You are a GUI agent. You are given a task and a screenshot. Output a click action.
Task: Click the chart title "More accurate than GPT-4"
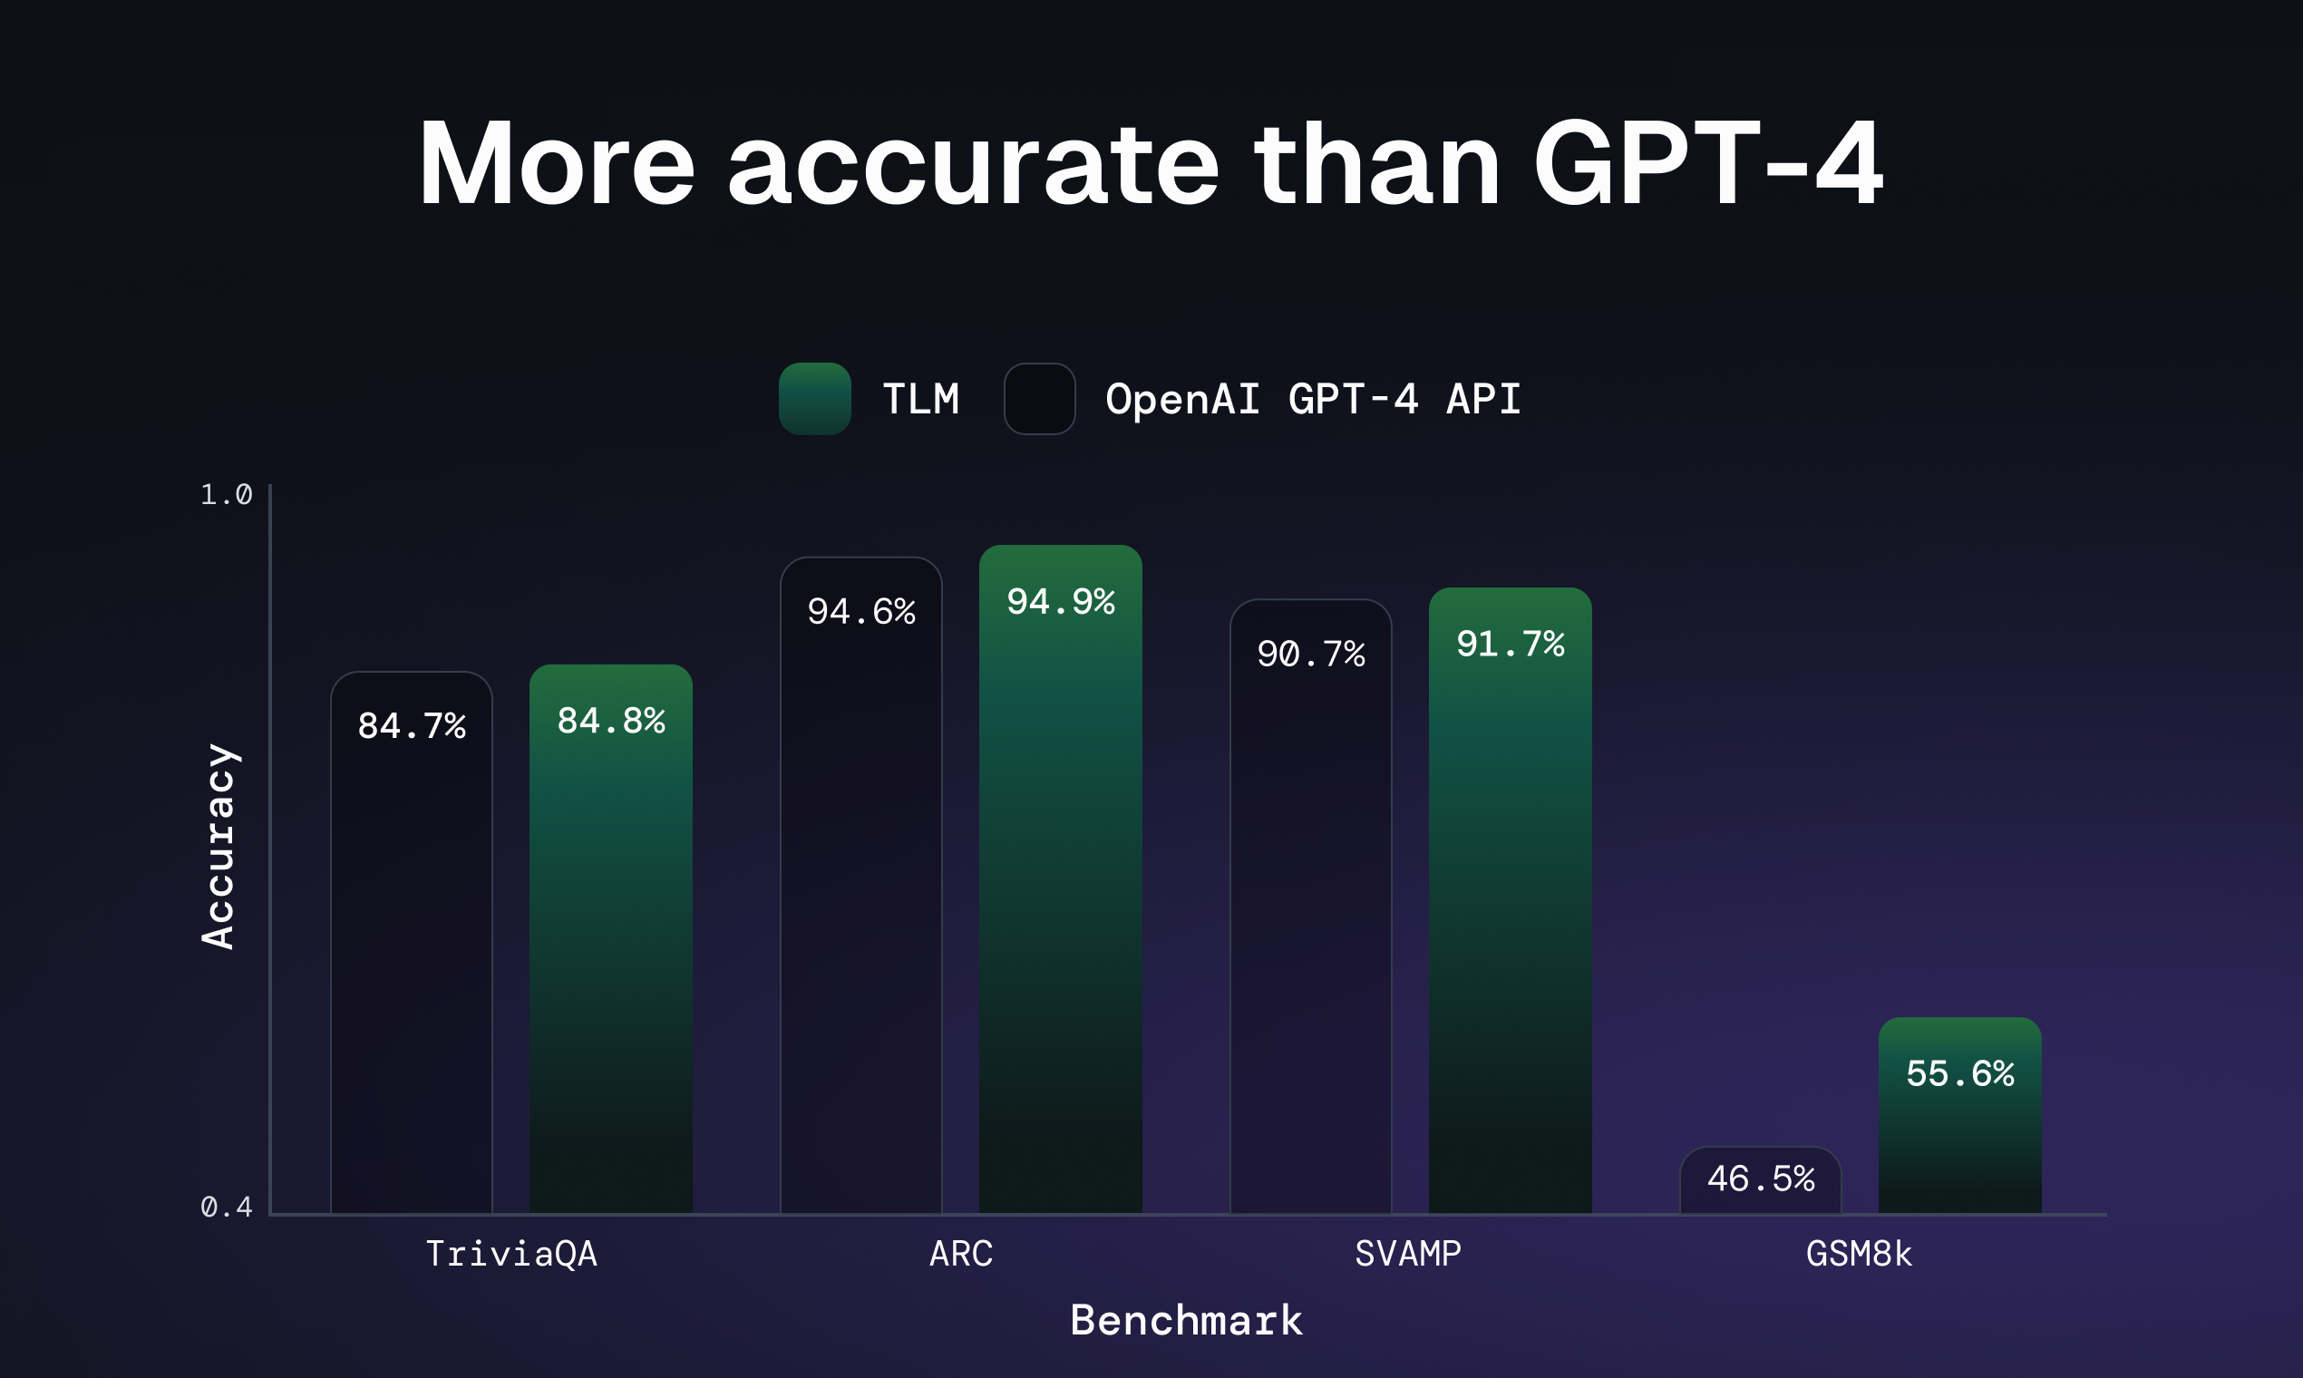[1150, 163]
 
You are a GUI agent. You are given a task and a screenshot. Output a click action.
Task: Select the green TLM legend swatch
[814, 398]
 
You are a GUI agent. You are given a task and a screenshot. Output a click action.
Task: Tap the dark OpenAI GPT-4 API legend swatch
[1039, 398]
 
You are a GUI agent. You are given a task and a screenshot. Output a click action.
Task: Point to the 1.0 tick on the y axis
[226, 495]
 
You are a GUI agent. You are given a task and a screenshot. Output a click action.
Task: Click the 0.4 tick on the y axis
[226, 1208]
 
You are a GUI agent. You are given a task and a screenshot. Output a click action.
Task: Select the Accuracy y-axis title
[219, 846]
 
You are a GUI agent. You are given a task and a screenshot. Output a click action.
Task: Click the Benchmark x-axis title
[1186, 1319]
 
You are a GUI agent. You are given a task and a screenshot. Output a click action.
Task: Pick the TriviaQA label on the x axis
[510, 1254]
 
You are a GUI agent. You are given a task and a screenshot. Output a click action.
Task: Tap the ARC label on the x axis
[960, 1254]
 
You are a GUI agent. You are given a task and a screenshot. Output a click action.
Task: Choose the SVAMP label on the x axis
[1408, 1254]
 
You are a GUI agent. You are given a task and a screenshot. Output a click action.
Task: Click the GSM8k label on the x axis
[1858, 1254]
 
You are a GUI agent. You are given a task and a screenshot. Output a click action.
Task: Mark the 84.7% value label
[412, 726]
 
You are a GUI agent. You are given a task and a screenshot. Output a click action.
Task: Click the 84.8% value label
[611, 721]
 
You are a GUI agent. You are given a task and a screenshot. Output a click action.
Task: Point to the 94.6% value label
[860, 612]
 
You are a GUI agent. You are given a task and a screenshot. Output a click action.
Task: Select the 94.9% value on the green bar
[1061, 602]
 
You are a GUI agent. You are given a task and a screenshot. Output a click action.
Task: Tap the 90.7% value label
[1310, 654]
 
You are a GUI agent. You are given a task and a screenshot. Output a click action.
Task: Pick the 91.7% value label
[1510, 644]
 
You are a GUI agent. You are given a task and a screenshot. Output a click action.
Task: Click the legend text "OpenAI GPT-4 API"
[1312, 399]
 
